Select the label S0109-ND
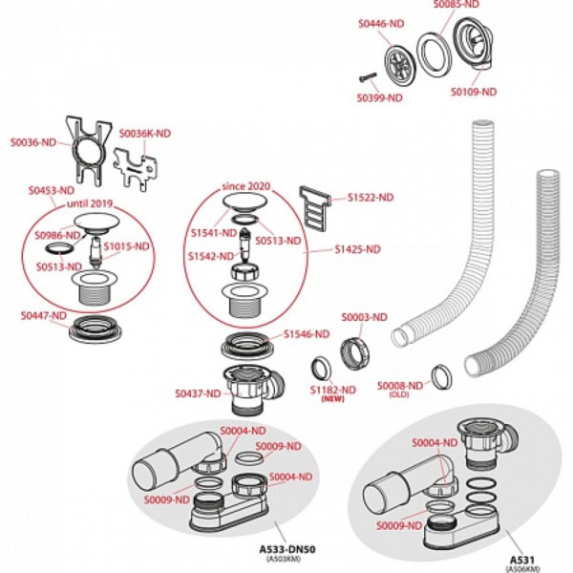(475, 92)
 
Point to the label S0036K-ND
(145, 134)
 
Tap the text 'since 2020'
(246, 184)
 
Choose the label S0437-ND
(197, 393)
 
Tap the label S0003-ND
(364, 317)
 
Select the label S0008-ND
(399, 385)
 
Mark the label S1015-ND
(128, 245)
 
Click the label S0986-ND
(55, 235)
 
